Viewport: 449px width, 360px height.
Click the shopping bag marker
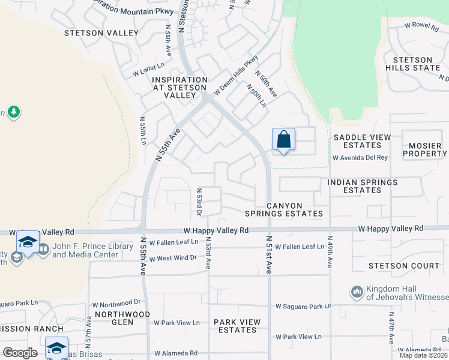coord(284,140)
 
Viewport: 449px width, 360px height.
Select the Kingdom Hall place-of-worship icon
coord(357,292)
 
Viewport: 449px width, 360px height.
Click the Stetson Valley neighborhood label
coord(102,33)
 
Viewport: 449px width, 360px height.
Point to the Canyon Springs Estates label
coord(284,209)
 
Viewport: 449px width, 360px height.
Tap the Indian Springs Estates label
coord(362,186)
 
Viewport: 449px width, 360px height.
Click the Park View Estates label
coord(237,326)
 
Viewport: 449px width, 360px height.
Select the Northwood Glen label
coord(122,318)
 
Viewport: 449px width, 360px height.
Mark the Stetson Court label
coord(404,266)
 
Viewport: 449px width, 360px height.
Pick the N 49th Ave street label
coord(330,251)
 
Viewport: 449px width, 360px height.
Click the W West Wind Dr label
coord(173,258)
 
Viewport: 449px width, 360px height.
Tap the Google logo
coord(20,353)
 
